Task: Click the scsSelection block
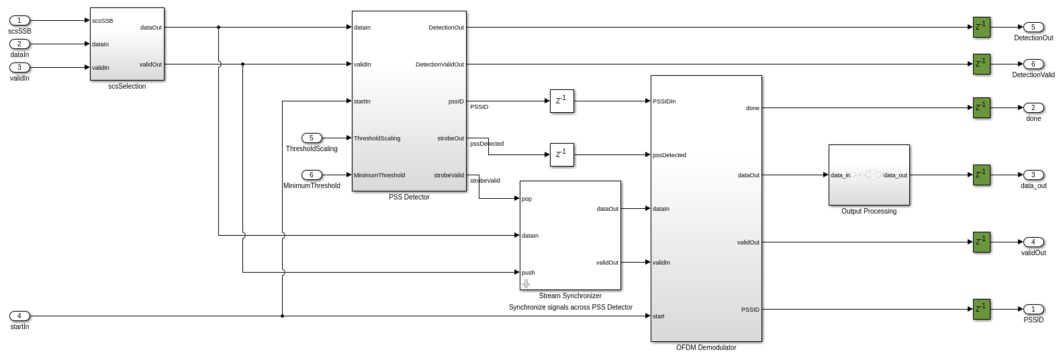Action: point(127,44)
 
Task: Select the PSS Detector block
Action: point(409,101)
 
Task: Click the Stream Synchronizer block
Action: point(570,235)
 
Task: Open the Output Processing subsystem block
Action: point(869,175)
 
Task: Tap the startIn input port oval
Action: point(19,316)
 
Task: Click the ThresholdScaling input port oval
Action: point(312,138)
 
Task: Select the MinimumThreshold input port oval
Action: point(312,175)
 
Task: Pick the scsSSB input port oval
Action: point(19,21)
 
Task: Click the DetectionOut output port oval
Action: point(1033,28)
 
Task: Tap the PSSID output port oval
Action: point(1033,310)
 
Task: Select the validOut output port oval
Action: point(1033,242)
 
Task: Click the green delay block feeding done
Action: point(982,107)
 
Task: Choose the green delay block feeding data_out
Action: point(982,175)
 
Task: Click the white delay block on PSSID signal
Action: point(561,101)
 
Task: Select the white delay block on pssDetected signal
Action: point(561,155)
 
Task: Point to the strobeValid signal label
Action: point(485,181)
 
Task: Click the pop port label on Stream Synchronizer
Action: point(527,199)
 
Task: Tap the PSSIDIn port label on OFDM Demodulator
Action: point(664,101)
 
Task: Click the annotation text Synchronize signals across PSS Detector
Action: point(570,308)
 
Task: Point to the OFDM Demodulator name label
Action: point(706,348)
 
